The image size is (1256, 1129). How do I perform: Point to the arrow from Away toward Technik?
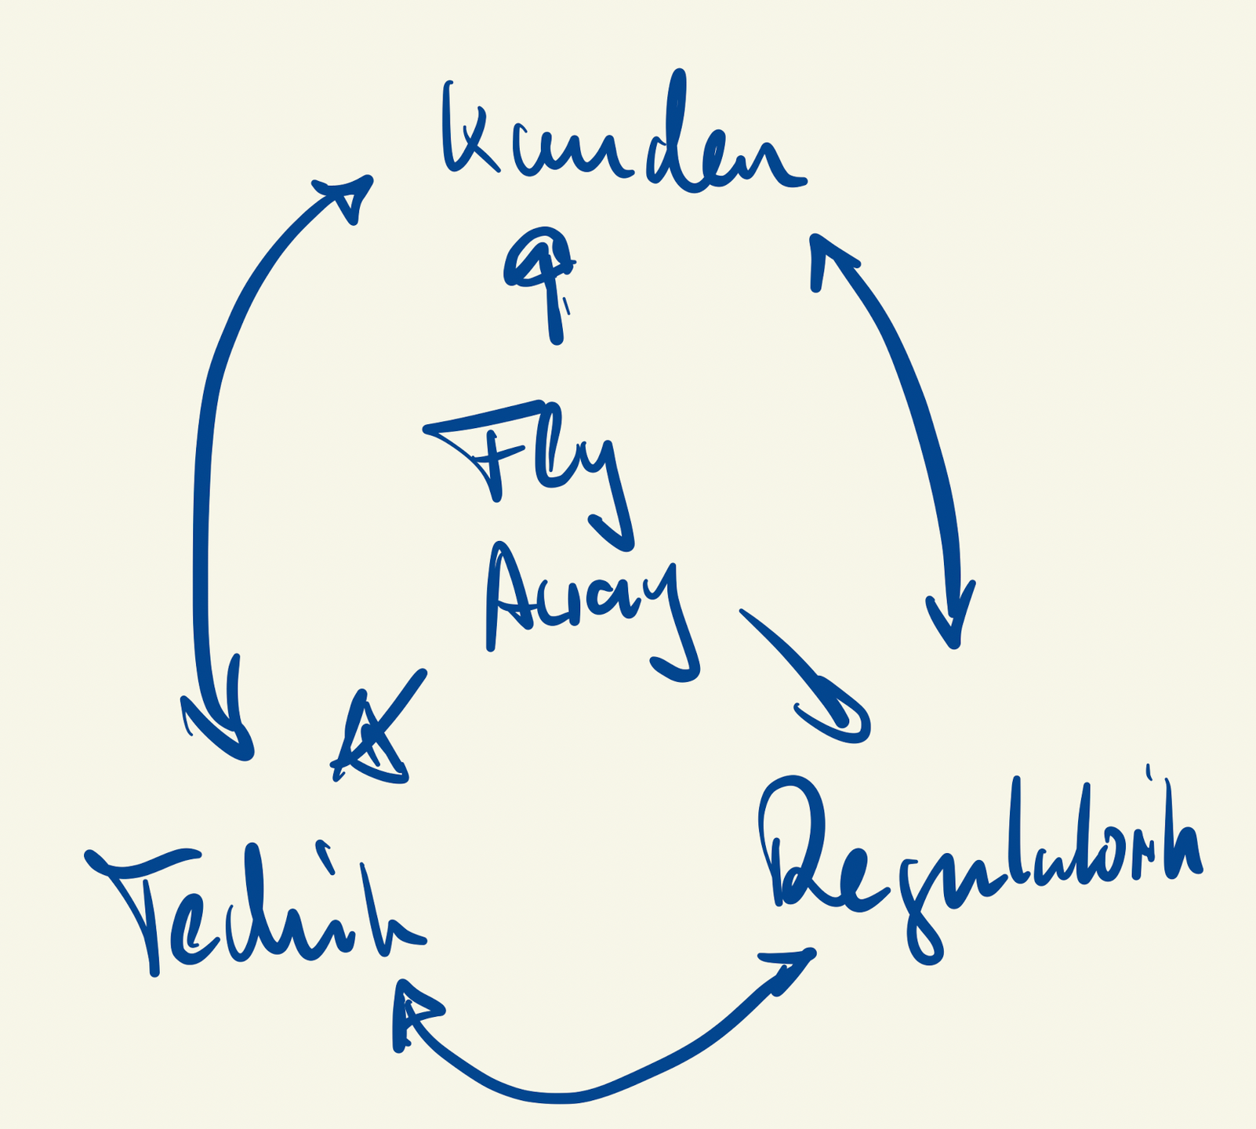(384, 729)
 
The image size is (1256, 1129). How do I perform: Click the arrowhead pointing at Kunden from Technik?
(349, 196)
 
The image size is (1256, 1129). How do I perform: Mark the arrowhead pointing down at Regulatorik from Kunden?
(951, 619)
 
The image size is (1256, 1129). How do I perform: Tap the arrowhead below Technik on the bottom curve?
(412, 1011)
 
